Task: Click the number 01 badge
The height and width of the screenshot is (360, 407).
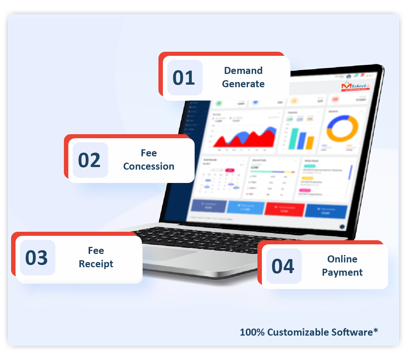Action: [x=184, y=78]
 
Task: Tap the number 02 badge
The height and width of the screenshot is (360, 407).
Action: [x=90, y=160]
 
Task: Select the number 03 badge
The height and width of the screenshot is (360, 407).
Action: [x=37, y=258]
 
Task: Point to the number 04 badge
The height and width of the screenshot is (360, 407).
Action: [x=283, y=266]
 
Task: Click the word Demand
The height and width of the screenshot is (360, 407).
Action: [x=243, y=71]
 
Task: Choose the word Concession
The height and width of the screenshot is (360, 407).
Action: [x=149, y=166]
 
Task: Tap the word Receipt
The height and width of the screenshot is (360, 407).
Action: [x=96, y=264]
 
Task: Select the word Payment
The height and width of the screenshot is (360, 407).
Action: [x=342, y=272]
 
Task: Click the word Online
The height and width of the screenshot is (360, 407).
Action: [x=342, y=259]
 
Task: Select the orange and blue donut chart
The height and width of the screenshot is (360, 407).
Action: [x=342, y=129]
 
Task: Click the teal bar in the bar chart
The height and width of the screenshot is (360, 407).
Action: [x=294, y=139]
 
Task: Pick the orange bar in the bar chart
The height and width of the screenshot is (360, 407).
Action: [x=310, y=143]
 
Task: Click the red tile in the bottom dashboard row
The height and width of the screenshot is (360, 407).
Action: [x=284, y=209]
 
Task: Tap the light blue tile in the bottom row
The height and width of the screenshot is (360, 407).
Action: [x=246, y=207]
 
